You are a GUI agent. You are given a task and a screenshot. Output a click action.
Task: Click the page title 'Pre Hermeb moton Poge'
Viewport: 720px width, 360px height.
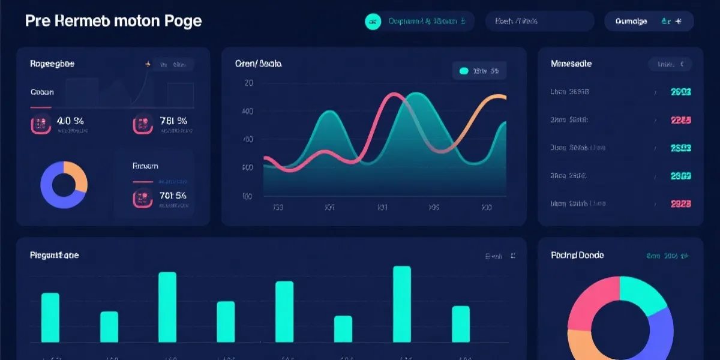pyautogui.click(x=113, y=21)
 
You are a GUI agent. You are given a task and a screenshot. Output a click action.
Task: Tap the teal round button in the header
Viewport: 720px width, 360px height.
pyautogui.click(x=373, y=22)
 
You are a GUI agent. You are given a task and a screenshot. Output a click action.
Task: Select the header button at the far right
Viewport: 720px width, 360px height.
pyautogui.click(x=649, y=22)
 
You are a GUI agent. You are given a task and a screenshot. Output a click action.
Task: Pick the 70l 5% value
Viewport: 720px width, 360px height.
pyautogui.click(x=173, y=195)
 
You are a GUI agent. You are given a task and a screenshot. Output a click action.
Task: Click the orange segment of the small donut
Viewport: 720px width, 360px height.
pyautogui.click(x=76, y=175)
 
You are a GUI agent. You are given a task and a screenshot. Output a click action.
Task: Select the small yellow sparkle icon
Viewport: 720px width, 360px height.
pyautogui.click(x=148, y=64)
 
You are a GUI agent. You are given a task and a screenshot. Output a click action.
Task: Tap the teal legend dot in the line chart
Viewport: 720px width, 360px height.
pyautogui.click(x=463, y=71)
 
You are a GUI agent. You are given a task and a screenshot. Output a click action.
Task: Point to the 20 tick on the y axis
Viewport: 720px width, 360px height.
pyautogui.click(x=248, y=83)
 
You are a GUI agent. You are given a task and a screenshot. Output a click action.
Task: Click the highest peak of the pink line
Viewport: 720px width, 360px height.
pyautogui.click(x=394, y=95)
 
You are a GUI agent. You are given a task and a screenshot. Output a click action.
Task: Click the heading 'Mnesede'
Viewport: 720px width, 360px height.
pyautogui.click(x=571, y=64)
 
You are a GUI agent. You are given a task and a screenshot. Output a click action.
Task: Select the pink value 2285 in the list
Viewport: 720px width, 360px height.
pyautogui.click(x=680, y=120)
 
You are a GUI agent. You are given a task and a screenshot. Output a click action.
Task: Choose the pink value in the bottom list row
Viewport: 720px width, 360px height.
pyautogui.click(x=680, y=203)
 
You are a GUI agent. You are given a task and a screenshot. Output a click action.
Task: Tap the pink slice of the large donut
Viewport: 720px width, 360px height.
pyautogui.click(x=591, y=300)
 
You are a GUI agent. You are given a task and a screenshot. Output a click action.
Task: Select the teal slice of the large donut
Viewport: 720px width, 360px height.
pyautogui.click(x=642, y=294)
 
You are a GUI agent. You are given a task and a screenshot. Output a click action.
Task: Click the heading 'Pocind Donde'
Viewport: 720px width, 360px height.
pyautogui.click(x=577, y=256)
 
